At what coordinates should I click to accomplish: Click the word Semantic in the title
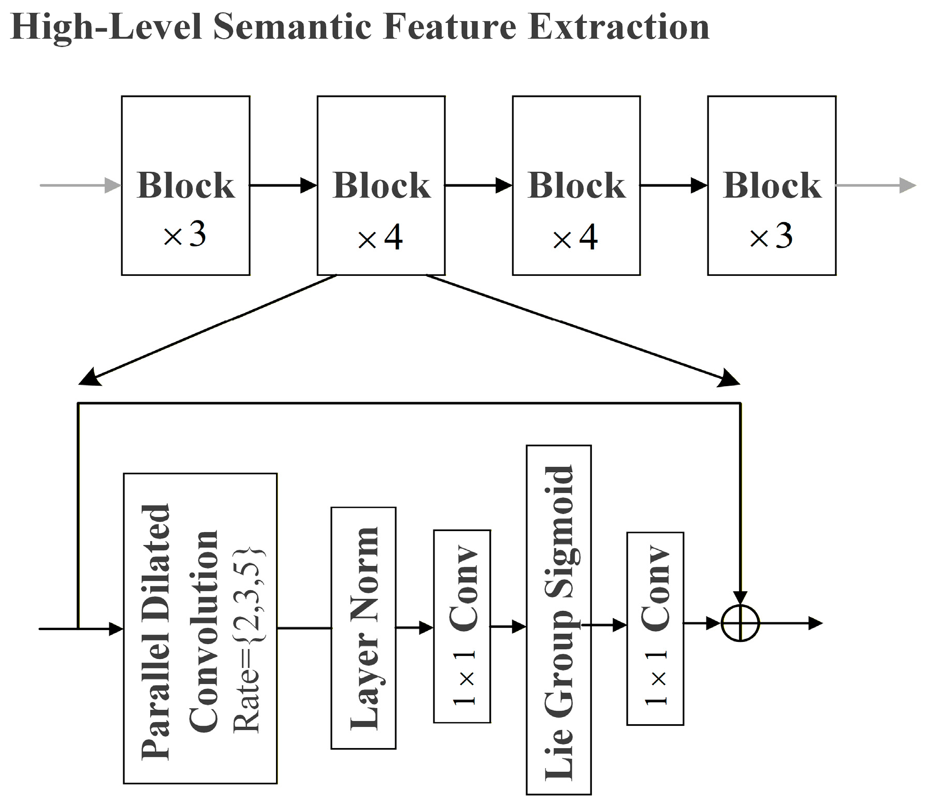pyautogui.click(x=293, y=27)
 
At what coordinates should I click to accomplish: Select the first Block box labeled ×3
pyautogui.click(x=185, y=185)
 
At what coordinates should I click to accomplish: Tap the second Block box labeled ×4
pyautogui.click(x=381, y=185)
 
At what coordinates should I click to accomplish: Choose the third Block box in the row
pyautogui.click(x=576, y=185)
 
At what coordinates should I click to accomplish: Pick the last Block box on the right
pyautogui.click(x=771, y=185)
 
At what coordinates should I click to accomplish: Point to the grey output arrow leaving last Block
pyautogui.click(x=875, y=185)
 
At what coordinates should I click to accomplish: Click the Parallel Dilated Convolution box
pyautogui.click(x=200, y=628)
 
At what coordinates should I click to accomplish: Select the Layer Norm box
pyautogui.click(x=363, y=628)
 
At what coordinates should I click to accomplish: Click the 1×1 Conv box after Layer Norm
pyautogui.click(x=461, y=626)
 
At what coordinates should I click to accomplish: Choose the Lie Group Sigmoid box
pyautogui.click(x=558, y=620)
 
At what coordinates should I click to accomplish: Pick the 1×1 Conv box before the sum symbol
pyautogui.click(x=655, y=628)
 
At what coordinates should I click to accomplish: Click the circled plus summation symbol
pyautogui.click(x=740, y=623)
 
